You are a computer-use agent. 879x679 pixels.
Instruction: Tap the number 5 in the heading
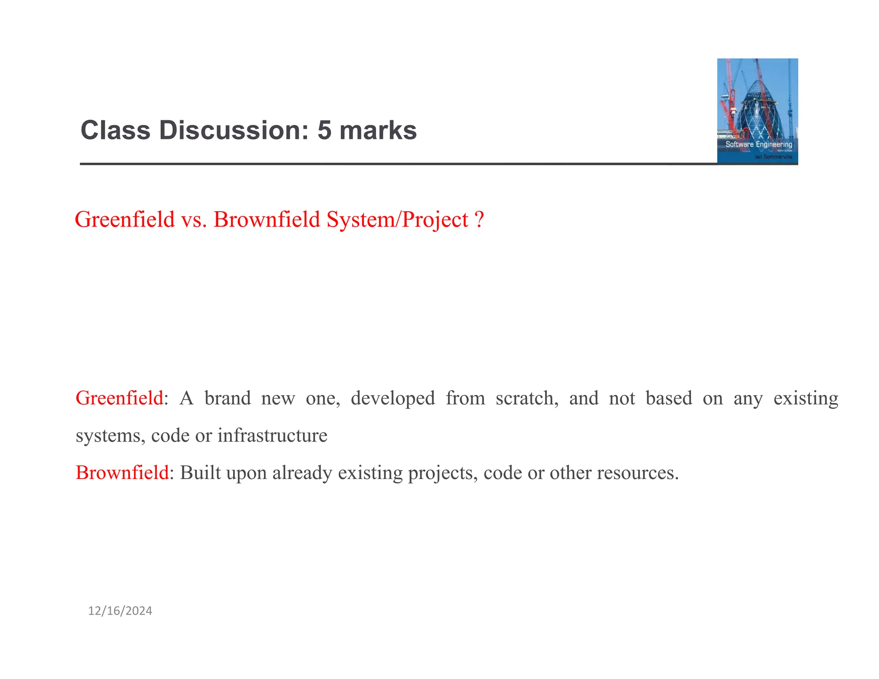(x=324, y=130)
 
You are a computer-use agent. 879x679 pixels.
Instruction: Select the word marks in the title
(x=378, y=130)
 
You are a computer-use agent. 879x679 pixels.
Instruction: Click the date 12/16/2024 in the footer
(x=120, y=611)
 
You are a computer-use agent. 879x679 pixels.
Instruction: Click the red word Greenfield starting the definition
(x=119, y=398)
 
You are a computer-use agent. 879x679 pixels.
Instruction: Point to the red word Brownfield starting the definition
(x=122, y=473)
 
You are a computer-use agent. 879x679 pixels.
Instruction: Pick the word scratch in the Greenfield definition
(x=527, y=398)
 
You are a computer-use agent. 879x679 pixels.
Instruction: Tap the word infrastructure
(x=273, y=435)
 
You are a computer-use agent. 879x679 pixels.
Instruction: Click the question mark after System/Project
(x=479, y=219)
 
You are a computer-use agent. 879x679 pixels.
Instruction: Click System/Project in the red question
(x=397, y=219)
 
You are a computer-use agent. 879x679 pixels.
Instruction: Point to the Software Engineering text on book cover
(x=758, y=144)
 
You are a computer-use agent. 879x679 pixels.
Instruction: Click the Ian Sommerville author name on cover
(x=773, y=157)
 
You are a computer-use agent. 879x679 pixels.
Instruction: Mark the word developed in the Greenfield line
(x=393, y=398)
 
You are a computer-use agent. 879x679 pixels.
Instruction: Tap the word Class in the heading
(x=115, y=130)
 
